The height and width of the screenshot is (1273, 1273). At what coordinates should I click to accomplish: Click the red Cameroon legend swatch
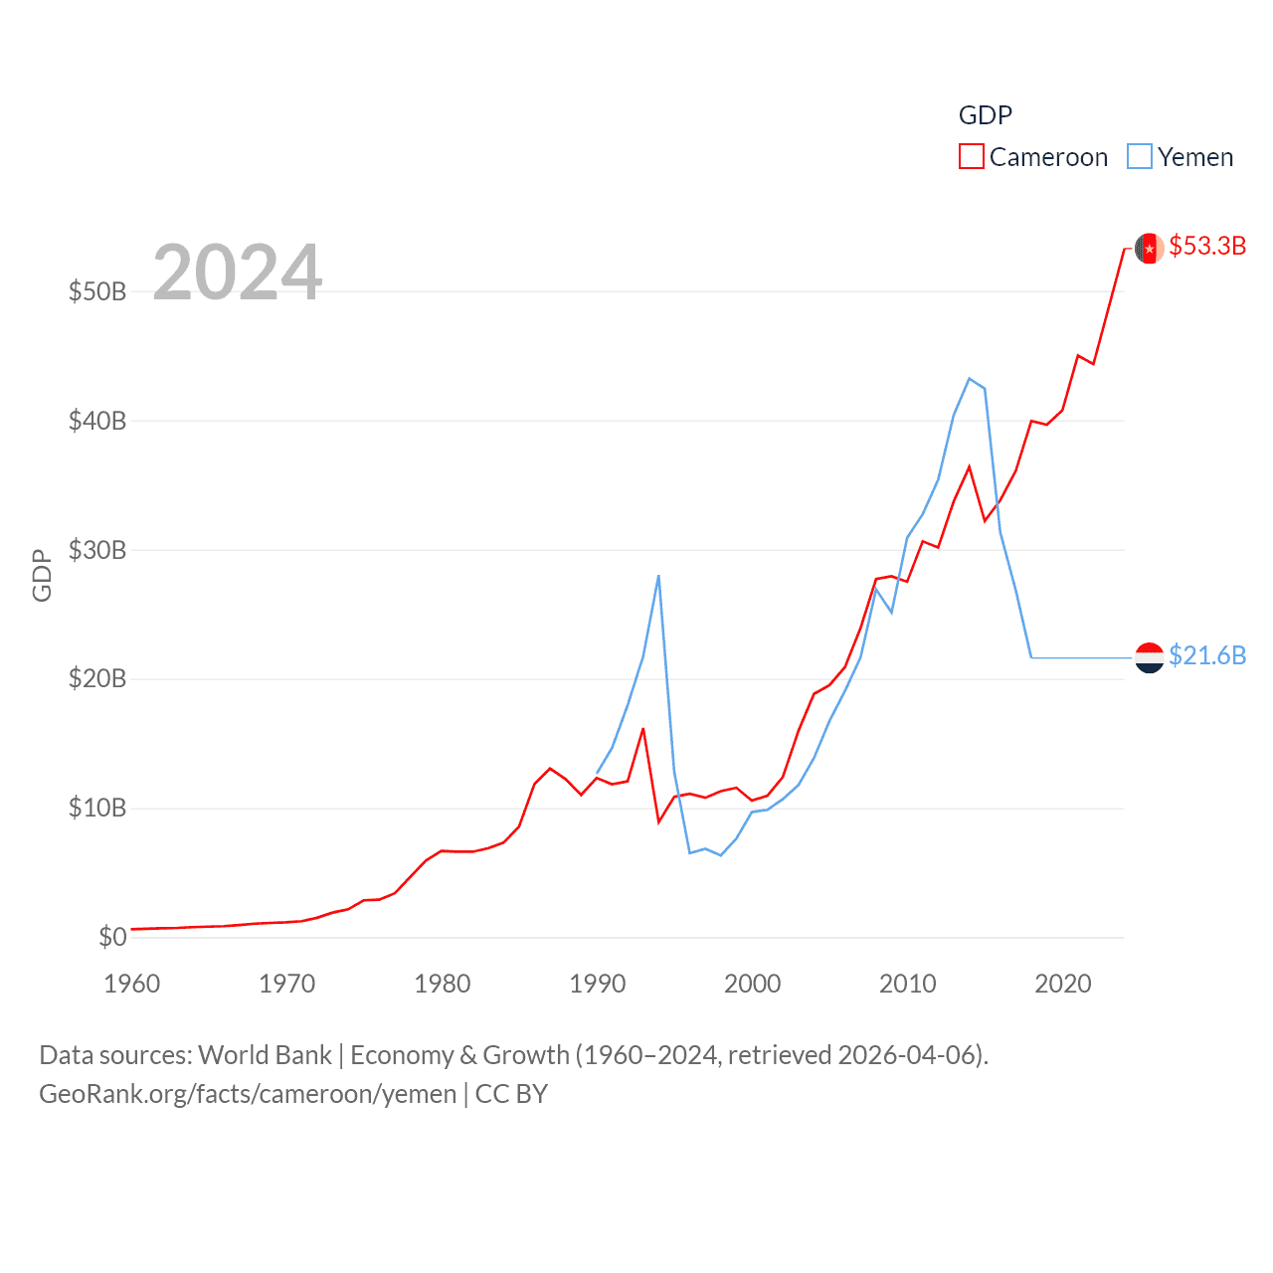(971, 157)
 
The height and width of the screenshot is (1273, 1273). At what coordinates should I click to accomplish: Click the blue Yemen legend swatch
(1139, 157)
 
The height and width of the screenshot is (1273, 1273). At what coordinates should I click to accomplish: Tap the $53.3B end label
(1207, 246)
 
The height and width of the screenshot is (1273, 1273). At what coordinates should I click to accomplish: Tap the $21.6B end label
(1207, 655)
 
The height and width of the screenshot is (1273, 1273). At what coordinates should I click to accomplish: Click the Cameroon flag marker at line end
(1149, 248)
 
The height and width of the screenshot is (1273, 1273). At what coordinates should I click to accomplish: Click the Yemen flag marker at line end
(1149, 657)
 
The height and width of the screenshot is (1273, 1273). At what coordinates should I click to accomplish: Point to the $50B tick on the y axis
(97, 291)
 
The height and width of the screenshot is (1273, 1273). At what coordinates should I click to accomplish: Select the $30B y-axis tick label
(97, 550)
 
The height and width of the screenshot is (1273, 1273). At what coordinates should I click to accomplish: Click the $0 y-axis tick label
(112, 937)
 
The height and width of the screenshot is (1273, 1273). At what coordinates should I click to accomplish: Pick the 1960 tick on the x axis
(132, 984)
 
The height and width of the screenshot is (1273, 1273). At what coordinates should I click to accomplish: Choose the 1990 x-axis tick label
(597, 984)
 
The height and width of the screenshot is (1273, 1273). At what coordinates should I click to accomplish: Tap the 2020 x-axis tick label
(1062, 984)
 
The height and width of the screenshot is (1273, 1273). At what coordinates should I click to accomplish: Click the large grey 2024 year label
(237, 273)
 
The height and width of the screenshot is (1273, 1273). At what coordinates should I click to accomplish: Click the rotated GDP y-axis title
(42, 575)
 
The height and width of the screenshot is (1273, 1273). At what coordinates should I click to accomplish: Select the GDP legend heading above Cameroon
(985, 115)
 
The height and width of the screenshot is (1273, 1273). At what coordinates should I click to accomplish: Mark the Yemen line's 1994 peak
(658, 576)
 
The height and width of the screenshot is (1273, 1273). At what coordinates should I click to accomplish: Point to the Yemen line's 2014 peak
(969, 379)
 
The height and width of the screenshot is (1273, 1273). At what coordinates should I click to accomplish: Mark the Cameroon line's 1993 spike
(642, 729)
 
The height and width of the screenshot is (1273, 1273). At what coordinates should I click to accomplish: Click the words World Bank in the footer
(265, 1054)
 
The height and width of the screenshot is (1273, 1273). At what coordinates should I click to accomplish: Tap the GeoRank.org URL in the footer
(248, 1094)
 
